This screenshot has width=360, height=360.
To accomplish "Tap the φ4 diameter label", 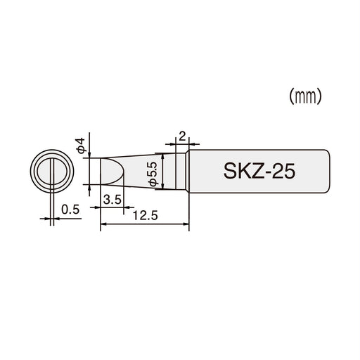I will pos(82,146).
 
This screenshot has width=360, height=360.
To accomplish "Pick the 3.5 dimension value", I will pos(112,200).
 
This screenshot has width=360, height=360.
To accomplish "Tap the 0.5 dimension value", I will pos(70,208).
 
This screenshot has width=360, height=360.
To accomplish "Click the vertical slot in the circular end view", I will pos(52,171).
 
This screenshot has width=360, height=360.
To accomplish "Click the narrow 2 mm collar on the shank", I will pos(184,171).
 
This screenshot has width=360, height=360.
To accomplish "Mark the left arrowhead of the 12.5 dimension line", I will pos(105,225).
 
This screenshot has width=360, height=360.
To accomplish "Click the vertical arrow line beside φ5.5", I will pos(163,171).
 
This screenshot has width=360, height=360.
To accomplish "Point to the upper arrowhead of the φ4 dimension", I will pos(89,155).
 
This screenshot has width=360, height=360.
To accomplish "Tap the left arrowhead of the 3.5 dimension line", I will pos(105,207).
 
